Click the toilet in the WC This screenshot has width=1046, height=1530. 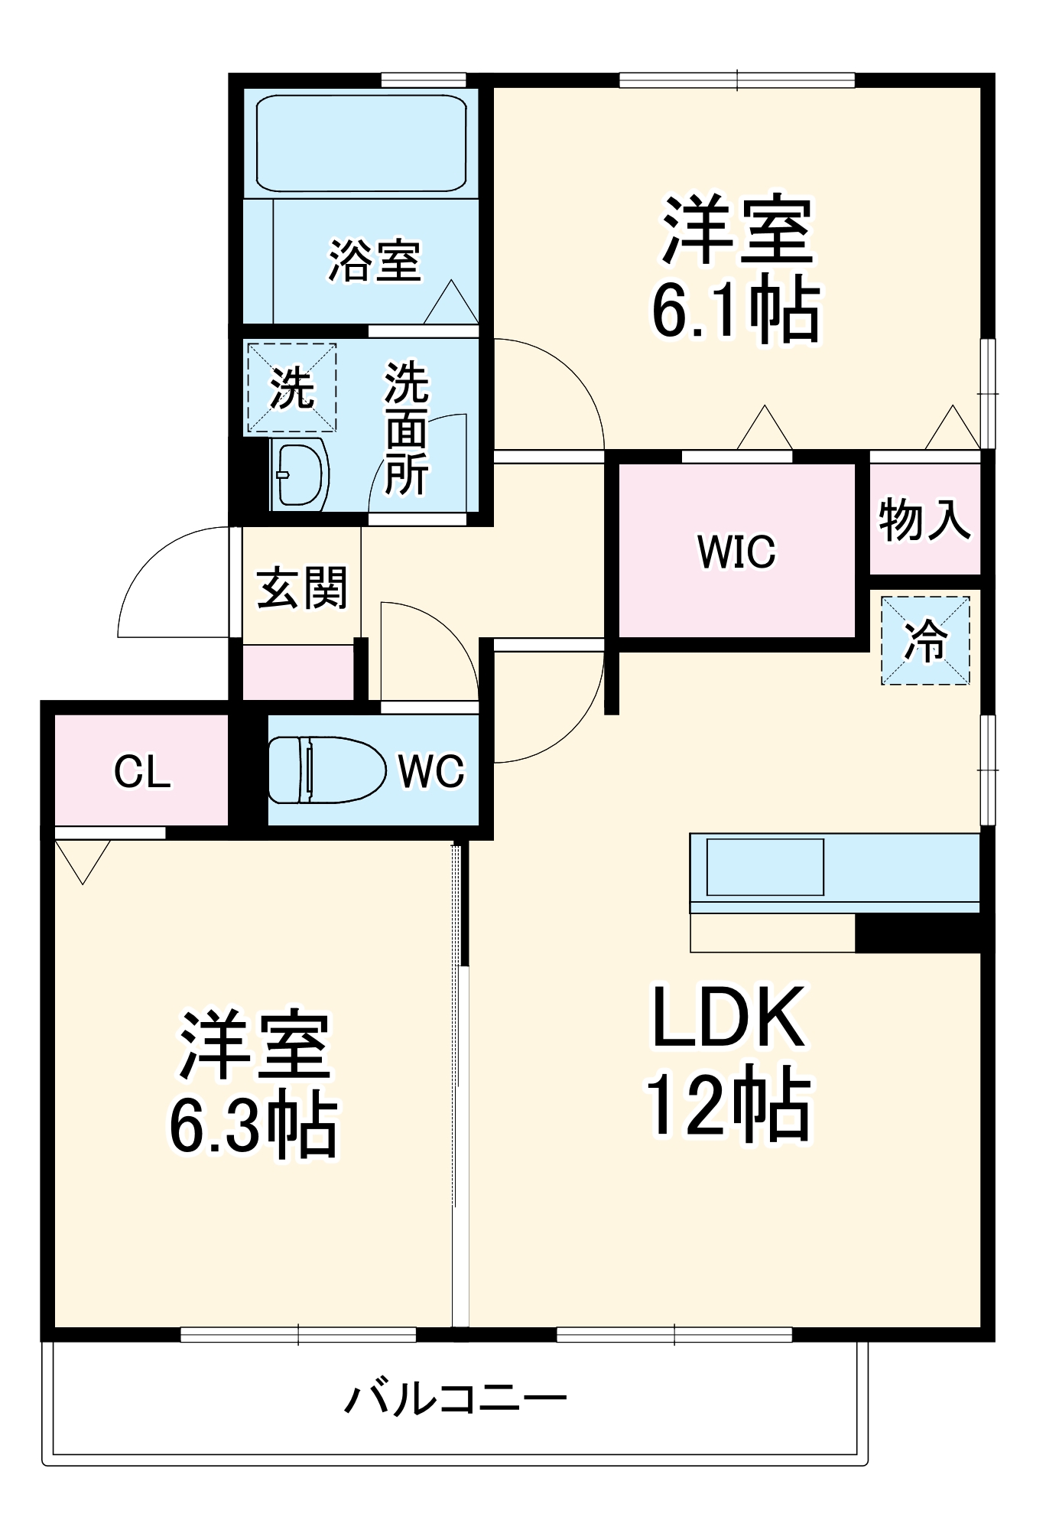click(x=327, y=770)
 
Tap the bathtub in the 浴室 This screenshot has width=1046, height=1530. click(x=361, y=144)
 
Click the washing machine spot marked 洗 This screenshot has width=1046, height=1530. click(x=291, y=389)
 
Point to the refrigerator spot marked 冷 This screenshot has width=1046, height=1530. click(x=925, y=640)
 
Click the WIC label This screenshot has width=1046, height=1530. click(x=736, y=552)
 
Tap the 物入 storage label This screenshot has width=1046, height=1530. click(x=924, y=520)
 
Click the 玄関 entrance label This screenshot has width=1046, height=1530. click(x=302, y=588)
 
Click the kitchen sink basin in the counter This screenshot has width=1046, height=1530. click(x=765, y=867)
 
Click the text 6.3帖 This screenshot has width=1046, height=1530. click(x=253, y=1127)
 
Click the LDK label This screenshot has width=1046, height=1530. click(x=728, y=1018)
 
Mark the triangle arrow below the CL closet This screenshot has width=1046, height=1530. click(x=83, y=858)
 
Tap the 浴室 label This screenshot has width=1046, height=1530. click(x=375, y=261)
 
